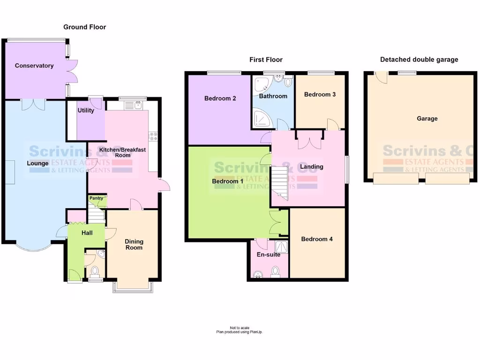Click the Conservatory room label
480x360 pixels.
pos(34,66)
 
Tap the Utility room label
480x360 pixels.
pos(86,111)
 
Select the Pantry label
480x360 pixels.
pos(97,198)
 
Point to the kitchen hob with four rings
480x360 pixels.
pos(153,136)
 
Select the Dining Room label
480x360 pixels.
pos(134,245)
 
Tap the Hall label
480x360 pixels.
pos(87,233)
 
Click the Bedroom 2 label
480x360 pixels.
pos(220,98)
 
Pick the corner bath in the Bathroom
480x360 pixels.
pos(261,85)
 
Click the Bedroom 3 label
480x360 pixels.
pos(320,94)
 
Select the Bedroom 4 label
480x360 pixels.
pos(317,239)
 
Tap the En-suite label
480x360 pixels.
pos(269,255)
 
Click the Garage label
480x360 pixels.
pos(427,119)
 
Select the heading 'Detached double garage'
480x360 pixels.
pos(419,60)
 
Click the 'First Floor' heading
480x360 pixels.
pos(266,60)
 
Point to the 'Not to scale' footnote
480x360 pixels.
pos(240,328)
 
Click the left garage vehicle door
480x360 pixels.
pos(396,178)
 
